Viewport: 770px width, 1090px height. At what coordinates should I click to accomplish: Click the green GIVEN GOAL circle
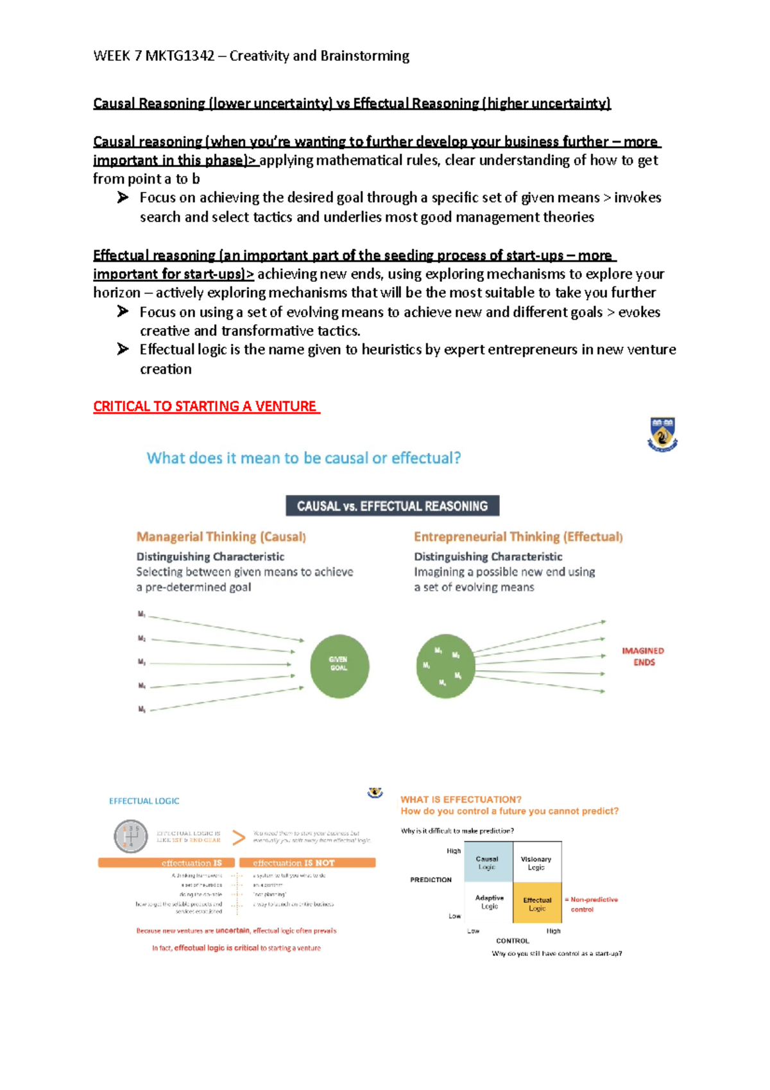(x=339, y=666)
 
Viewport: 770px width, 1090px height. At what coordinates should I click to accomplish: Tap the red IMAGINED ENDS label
(x=642, y=657)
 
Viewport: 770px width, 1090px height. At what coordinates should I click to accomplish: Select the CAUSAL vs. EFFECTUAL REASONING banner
(x=392, y=506)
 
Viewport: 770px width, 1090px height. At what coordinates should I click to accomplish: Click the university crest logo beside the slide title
(x=662, y=435)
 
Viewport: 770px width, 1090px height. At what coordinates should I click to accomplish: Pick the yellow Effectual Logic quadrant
(x=537, y=903)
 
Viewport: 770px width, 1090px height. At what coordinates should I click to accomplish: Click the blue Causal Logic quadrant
(x=487, y=862)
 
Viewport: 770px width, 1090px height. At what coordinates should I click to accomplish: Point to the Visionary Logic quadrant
(x=536, y=862)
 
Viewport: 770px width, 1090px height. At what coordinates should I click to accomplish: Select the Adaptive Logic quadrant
(x=489, y=902)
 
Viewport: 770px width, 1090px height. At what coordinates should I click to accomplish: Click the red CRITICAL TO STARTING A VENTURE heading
(x=205, y=406)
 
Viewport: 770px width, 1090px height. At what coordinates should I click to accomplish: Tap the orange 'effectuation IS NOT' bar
(x=307, y=863)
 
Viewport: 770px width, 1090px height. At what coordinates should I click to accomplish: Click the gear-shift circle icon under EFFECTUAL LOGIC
(x=130, y=836)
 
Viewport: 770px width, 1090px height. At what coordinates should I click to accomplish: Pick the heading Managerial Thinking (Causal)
(x=221, y=537)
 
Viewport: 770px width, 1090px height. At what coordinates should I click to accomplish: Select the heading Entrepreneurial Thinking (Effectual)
(x=518, y=537)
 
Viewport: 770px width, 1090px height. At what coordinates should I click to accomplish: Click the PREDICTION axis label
(x=431, y=879)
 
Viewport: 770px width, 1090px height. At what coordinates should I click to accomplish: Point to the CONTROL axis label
(x=512, y=940)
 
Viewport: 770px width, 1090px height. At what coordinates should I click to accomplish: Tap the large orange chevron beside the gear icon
(x=238, y=837)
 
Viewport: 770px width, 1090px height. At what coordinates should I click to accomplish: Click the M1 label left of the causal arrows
(x=142, y=614)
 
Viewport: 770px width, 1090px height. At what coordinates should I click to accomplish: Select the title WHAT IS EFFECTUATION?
(x=461, y=799)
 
